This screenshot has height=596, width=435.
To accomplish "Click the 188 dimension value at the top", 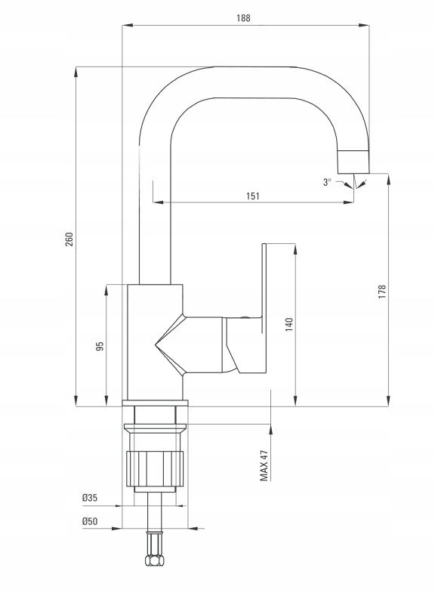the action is click(x=243, y=18).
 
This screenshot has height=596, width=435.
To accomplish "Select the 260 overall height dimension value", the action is click(x=69, y=239).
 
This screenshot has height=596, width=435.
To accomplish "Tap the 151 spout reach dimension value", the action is click(x=253, y=196).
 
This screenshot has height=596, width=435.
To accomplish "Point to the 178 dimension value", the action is click(x=382, y=292).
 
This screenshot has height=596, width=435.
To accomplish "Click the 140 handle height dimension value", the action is click(x=289, y=325).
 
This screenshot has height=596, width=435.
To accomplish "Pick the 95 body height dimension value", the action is click(x=100, y=346).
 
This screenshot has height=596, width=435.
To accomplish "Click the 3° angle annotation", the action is click(x=327, y=182).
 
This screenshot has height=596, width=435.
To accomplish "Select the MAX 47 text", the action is click(x=264, y=465).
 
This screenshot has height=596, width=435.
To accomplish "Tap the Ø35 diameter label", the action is click(x=90, y=498).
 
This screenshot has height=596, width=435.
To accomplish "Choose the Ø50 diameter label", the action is click(x=90, y=521).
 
